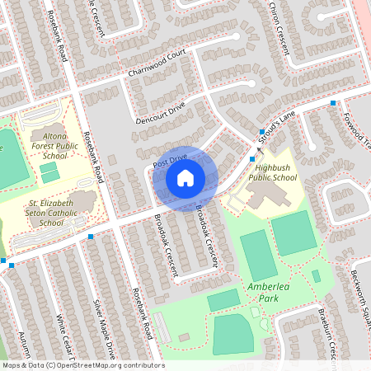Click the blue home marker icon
coord(185,177)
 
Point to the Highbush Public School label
coord(272,171)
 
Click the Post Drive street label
coord(170,157)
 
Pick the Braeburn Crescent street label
coord(328,335)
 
